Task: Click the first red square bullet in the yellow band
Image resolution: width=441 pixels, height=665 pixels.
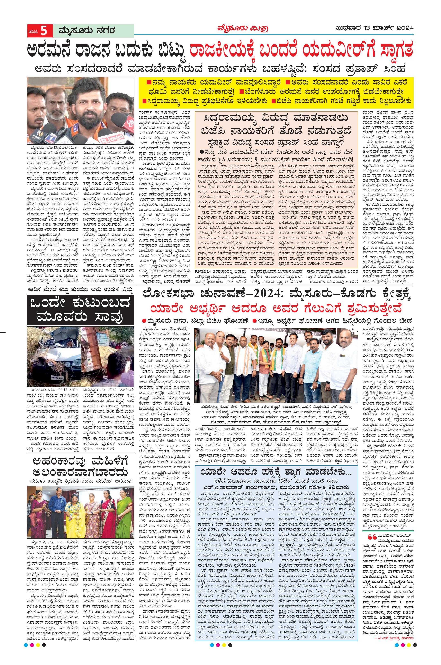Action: click(x=148, y=83)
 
